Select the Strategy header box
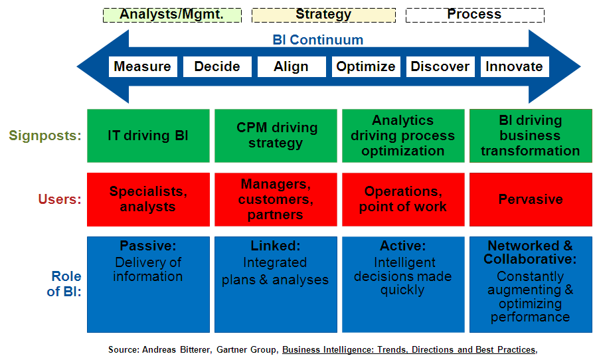coord(323,15)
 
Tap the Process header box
coord(475,15)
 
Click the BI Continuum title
coord(318,39)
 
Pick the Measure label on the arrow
coord(142,66)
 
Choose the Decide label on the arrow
coord(217,66)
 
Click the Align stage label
coord(291,66)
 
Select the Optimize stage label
coord(366,66)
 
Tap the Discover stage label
coord(440,66)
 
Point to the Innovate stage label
coord(514,66)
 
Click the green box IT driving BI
coord(148,135)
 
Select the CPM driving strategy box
coord(278,135)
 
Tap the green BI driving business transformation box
coord(531,135)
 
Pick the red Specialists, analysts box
coord(148,199)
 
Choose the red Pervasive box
coord(531,199)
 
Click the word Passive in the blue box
coord(147,246)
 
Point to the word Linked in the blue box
coord(276,246)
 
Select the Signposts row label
coord(45,135)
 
